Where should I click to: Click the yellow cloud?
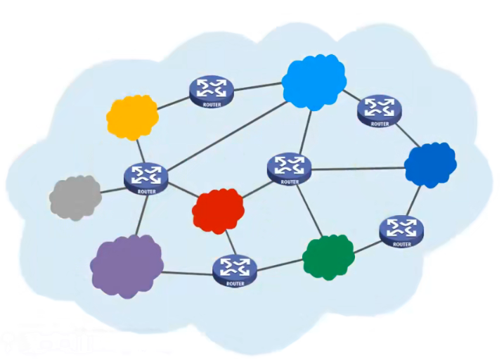(x=132, y=116)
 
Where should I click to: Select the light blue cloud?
(x=314, y=81)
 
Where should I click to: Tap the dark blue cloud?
(x=429, y=165)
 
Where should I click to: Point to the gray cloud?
(x=75, y=197)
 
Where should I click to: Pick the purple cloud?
(x=127, y=266)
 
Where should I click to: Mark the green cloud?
(x=328, y=257)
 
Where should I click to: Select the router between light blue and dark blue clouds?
(x=380, y=109)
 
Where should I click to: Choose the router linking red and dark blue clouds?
(x=289, y=167)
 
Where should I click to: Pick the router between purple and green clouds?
(x=234, y=269)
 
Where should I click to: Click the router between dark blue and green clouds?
(x=401, y=230)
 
